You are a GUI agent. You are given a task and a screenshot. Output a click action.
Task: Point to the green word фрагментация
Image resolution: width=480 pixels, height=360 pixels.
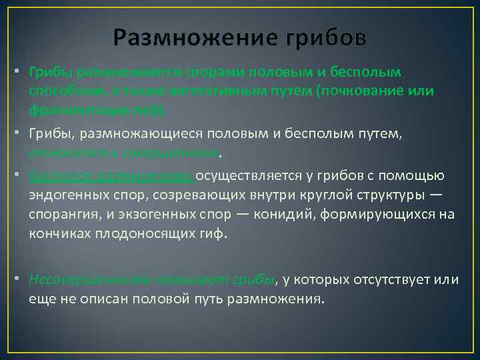[69, 105]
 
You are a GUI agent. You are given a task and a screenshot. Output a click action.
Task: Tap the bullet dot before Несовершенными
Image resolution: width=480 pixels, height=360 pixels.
[23, 279]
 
